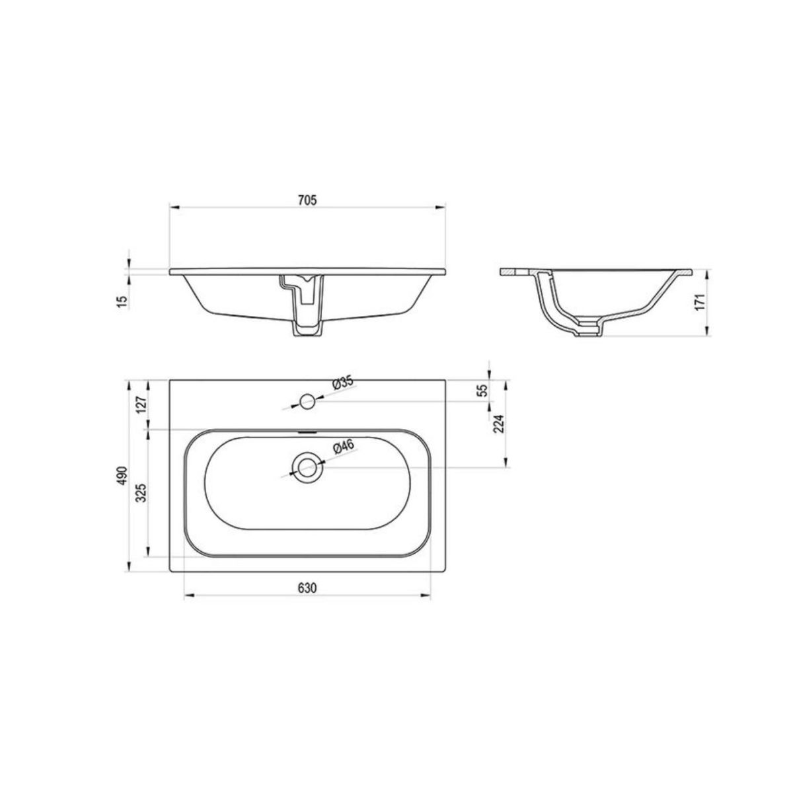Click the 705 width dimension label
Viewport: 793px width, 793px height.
(x=307, y=200)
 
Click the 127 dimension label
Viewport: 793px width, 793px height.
(x=141, y=406)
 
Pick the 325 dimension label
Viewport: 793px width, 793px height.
(x=141, y=492)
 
